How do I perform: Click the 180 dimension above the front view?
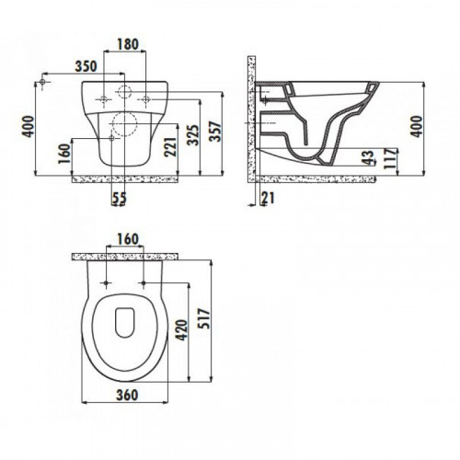click(x=128, y=44)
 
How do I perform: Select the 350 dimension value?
click(x=86, y=66)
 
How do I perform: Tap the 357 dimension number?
click(x=215, y=132)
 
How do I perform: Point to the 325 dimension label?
click(x=193, y=135)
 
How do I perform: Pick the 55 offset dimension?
click(x=119, y=198)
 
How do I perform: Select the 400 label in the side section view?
click(x=416, y=126)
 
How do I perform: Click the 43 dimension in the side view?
click(x=370, y=157)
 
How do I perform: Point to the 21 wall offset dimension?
click(x=268, y=198)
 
